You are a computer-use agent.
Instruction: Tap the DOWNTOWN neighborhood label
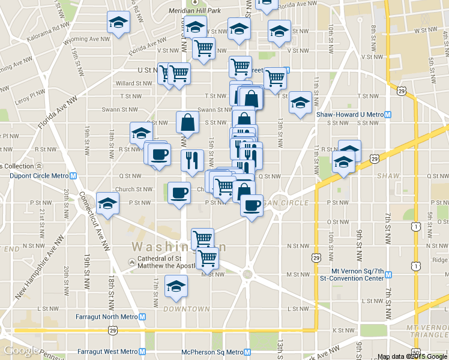186,309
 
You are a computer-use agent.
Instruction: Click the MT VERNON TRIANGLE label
427,331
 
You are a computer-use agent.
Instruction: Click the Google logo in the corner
22,350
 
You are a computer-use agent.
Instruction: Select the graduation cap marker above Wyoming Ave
118,23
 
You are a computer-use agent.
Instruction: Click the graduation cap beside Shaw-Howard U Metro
300,103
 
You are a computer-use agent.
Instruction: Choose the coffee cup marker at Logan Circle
251,206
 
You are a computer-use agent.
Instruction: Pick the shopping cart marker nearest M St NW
207,259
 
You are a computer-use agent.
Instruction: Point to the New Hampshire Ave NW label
39,266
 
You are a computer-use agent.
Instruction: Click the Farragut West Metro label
107,352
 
